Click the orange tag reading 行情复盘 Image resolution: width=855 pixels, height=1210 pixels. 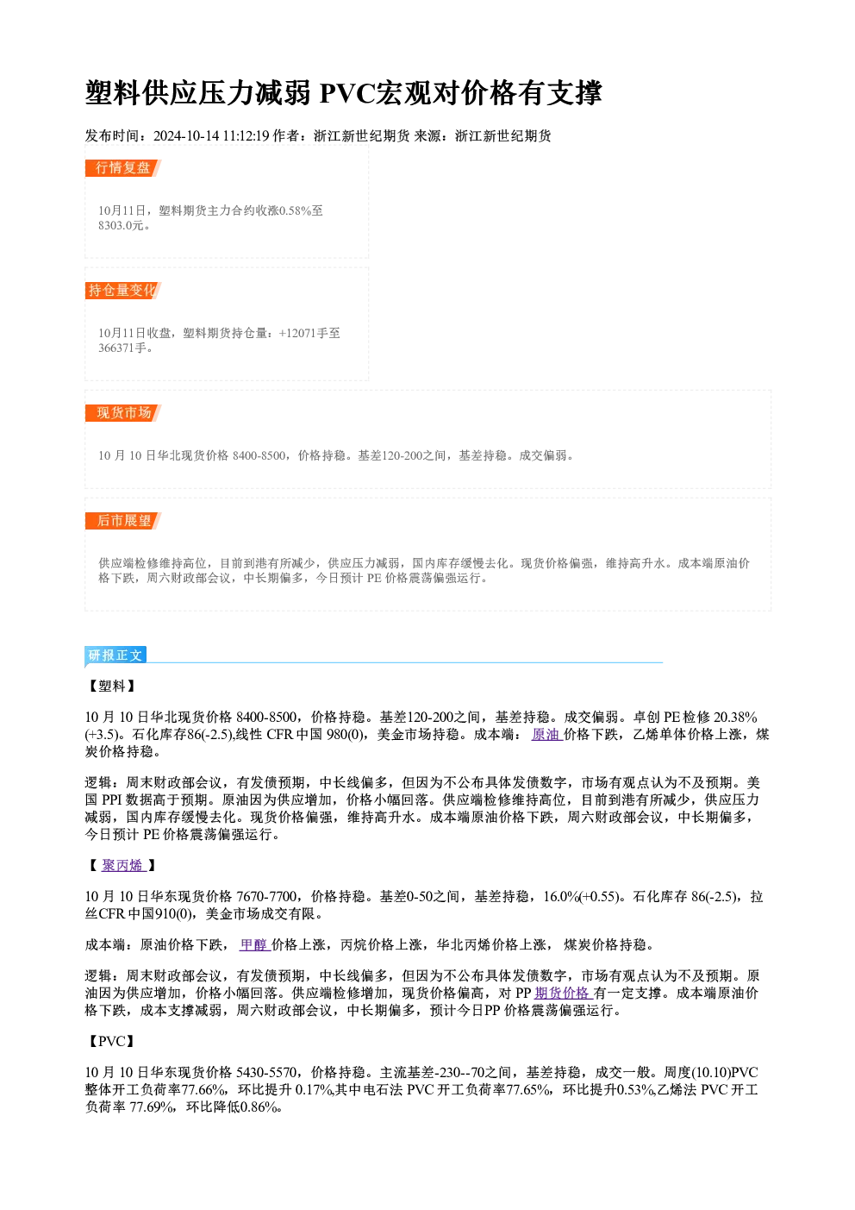point(122,168)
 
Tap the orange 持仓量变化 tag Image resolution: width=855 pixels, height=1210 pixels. point(122,291)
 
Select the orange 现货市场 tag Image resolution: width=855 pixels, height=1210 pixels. point(122,413)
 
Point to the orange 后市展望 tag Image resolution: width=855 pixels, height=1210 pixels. point(122,521)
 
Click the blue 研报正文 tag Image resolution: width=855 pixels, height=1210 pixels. point(115,655)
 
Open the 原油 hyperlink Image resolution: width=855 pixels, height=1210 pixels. point(546,735)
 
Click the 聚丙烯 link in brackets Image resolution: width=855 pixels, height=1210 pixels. point(123,865)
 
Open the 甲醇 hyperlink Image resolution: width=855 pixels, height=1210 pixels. point(255,944)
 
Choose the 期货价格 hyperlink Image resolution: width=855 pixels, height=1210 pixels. point(564,993)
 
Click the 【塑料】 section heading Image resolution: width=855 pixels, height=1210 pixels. point(112,686)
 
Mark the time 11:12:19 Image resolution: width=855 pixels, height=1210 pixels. point(247,135)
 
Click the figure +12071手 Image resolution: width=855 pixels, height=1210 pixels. point(303,333)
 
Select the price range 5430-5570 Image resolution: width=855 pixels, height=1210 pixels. point(266,1072)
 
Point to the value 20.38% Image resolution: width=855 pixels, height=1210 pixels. point(735,718)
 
